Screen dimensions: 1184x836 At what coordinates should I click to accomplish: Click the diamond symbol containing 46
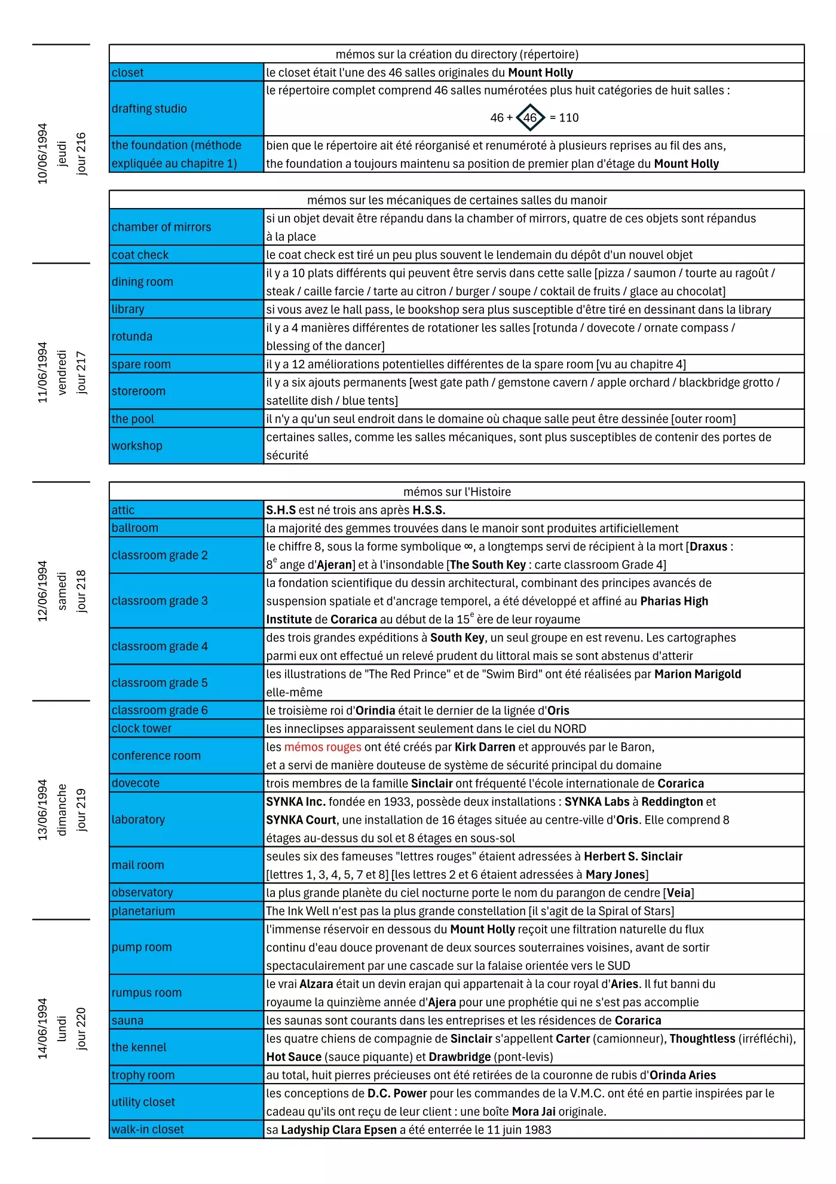pyautogui.click(x=530, y=118)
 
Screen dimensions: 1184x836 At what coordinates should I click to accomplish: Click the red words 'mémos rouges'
pyautogui.click(x=323, y=747)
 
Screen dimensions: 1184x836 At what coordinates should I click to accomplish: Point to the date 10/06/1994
pyautogui.click(x=42, y=154)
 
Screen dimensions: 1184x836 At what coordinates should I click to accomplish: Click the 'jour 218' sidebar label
pyautogui.click(x=81, y=591)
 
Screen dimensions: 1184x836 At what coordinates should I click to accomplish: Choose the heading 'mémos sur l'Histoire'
pyautogui.click(x=457, y=491)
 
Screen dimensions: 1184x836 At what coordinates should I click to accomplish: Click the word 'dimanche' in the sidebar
pyautogui.click(x=62, y=810)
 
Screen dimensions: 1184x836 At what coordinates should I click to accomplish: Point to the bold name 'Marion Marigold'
pyautogui.click(x=697, y=674)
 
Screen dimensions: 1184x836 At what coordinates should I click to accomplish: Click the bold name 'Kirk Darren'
pyautogui.click(x=485, y=747)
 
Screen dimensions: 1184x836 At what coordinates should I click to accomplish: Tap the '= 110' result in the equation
pyautogui.click(x=564, y=118)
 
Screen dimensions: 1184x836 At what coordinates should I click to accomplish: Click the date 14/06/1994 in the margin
pyautogui.click(x=42, y=1029)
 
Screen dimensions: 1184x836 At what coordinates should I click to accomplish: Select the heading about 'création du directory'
pyautogui.click(x=457, y=54)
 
